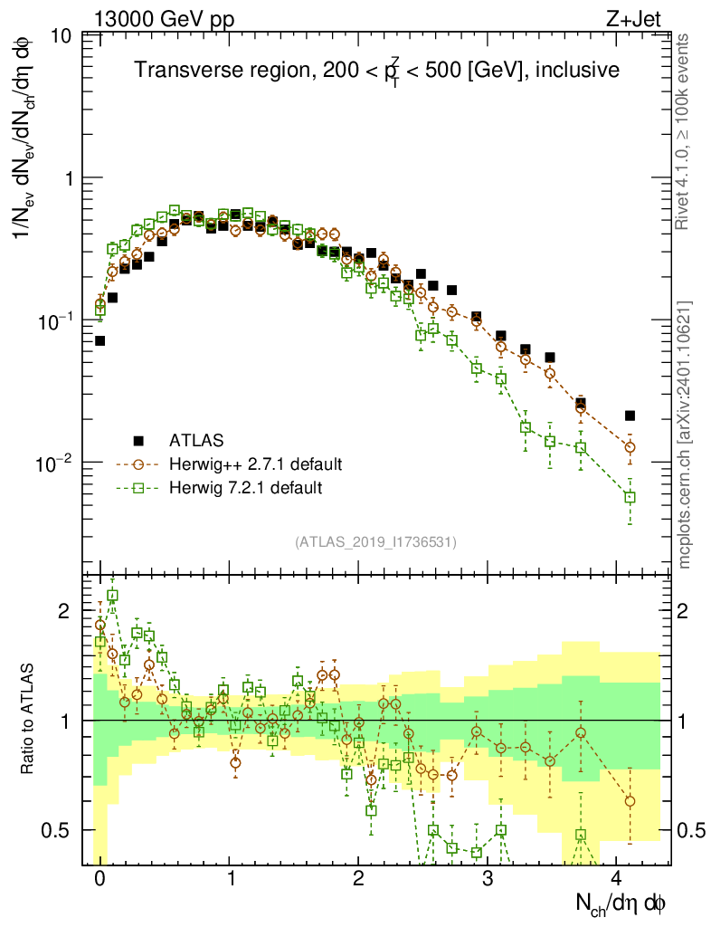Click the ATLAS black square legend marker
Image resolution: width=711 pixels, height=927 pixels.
click(x=138, y=441)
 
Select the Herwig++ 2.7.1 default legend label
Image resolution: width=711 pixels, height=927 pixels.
click(x=255, y=464)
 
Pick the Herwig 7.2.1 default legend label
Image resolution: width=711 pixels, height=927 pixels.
click(x=246, y=488)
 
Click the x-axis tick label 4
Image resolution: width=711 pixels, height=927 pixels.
click(x=617, y=879)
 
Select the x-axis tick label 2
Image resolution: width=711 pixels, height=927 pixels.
click(x=358, y=879)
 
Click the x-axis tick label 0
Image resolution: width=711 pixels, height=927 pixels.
click(x=100, y=879)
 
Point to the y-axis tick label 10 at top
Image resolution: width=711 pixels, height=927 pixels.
click(x=64, y=37)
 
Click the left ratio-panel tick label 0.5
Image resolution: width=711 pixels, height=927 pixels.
click(x=61, y=830)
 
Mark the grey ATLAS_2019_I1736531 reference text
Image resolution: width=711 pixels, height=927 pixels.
click(x=375, y=542)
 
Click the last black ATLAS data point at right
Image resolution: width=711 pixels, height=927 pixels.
click(x=630, y=416)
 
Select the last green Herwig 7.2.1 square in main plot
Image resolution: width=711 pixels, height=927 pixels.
click(x=630, y=497)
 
